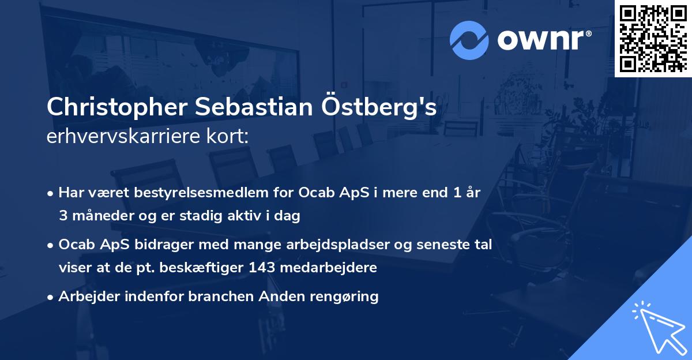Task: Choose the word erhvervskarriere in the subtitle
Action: point(124,137)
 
